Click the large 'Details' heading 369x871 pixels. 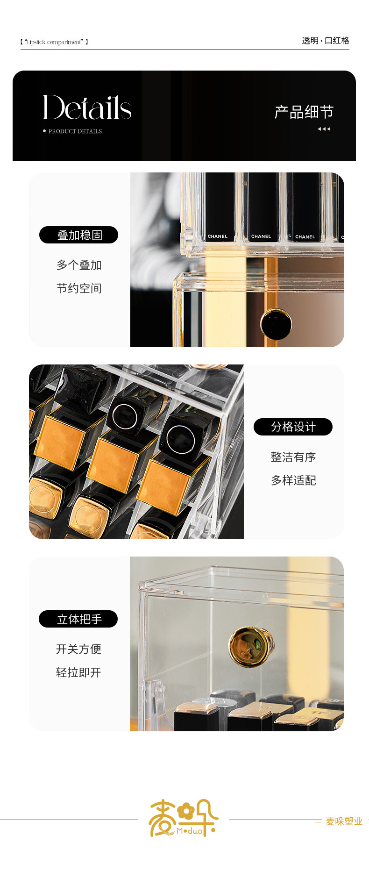pyautogui.click(x=87, y=107)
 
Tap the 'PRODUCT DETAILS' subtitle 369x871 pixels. pyautogui.click(x=75, y=131)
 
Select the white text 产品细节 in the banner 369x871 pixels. pyautogui.click(x=304, y=112)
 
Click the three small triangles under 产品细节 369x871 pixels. pyautogui.click(x=324, y=129)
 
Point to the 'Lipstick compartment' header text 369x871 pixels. pyautogui.click(x=54, y=42)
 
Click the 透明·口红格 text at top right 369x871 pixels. pyautogui.click(x=326, y=41)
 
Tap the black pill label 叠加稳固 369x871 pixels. pyautogui.click(x=78, y=235)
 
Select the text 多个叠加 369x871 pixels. pyautogui.click(x=79, y=265)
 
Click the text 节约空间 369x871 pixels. pyautogui.click(x=79, y=288)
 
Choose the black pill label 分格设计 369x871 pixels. pyautogui.click(x=293, y=427)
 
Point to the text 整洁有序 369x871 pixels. pyautogui.click(x=293, y=457)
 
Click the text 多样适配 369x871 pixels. pyautogui.click(x=293, y=480)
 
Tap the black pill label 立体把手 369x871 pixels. pyautogui.click(x=78, y=619)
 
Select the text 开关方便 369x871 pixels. pyautogui.click(x=78, y=649)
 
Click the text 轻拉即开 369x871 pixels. pyautogui.click(x=78, y=672)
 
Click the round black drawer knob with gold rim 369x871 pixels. pyautogui.click(x=276, y=324)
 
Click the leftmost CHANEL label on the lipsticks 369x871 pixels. pyautogui.click(x=218, y=236)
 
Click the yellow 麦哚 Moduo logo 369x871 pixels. pyautogui.click(x=183, y=819)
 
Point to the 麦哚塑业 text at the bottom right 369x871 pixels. pyautogui.click(x=344, y=821)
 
